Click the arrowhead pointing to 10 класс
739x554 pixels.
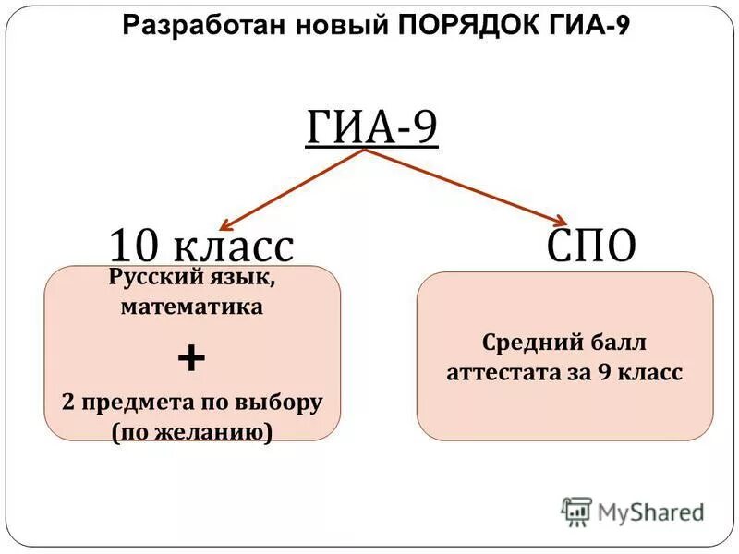[x=226, y=223]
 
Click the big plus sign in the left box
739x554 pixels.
[x=191, y=358]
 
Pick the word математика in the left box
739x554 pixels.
[x=192, y=307]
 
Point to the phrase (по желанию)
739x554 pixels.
[x=192, y=432]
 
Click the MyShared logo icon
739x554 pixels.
[x=575, y=510]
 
